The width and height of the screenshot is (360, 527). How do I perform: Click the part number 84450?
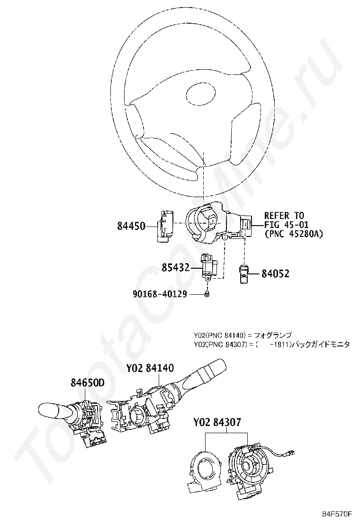point(131,226)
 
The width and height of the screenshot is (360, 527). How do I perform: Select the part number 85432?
point(175,268)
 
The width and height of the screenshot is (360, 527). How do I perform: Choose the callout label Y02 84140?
point(150,368)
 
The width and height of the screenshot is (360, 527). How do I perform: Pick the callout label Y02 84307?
point(217,421)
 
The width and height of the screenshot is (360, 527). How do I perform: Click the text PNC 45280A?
point(293,234)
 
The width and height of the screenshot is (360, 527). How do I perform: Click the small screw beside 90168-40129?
point(207,295)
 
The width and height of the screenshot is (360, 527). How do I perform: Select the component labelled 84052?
point(243,273)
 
